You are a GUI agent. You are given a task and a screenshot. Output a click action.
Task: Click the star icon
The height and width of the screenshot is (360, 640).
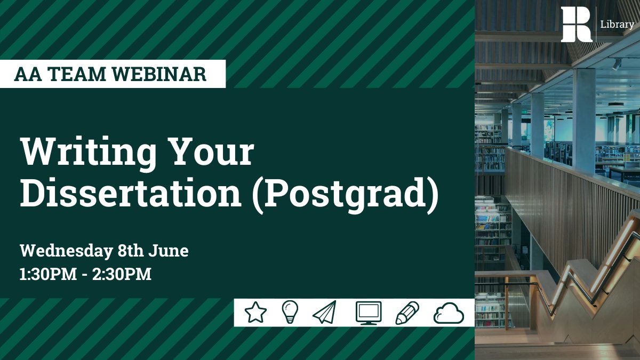(x=255, y=313)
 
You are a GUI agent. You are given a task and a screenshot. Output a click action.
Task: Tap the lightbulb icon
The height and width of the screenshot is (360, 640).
(x=290, y=312)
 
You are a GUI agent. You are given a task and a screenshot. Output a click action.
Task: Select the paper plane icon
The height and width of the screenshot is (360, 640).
(x=325, y=313)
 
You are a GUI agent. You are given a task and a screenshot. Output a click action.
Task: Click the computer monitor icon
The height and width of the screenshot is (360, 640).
(x=369, y=313)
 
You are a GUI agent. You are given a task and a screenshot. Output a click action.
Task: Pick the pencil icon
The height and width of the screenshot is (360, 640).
(x=407, y=313)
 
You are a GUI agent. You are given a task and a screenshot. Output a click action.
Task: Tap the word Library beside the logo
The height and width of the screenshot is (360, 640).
(x=617, y=25)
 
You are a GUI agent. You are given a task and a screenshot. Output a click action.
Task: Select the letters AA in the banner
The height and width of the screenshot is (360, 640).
(x=26, y=74)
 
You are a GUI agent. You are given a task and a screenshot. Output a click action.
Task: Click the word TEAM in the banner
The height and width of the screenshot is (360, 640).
(x=79, y=74)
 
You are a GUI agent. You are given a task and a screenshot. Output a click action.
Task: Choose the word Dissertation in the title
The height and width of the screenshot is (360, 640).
(x=131, y=195)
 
